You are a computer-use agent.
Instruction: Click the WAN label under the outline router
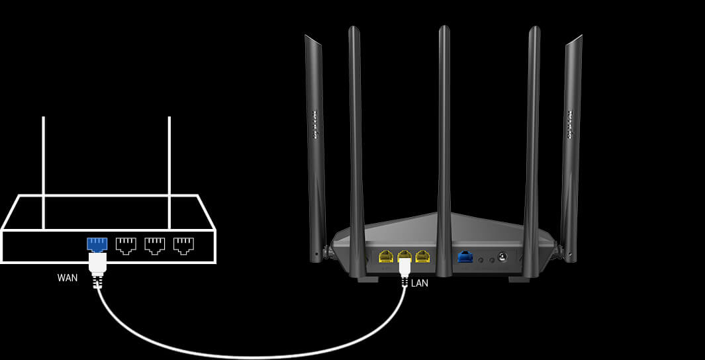(68, 278)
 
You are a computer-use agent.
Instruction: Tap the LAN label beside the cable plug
(420, 283)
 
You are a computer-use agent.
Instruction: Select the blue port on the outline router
(97, 244)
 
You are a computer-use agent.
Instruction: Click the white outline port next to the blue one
(126, 245)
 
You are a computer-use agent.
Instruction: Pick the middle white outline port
(154, 245)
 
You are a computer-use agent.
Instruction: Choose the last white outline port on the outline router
(183, 245)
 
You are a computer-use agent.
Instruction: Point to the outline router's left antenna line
(43, 172)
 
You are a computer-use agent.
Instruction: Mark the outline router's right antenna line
(169, 172)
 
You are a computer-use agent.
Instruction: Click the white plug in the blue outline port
(97, 264)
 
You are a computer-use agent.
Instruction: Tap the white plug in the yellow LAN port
(404, 267)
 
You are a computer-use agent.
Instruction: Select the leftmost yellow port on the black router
(386, 256)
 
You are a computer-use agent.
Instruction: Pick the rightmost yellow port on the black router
(422, 256)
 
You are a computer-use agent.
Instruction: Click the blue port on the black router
(465, 257)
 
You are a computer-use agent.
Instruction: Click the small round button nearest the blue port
(481, 259)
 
